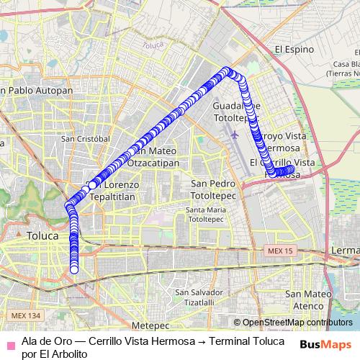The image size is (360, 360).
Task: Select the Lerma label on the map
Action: (347, 249)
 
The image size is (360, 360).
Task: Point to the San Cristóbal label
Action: (85, 138)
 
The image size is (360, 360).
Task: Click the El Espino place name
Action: (296, 50)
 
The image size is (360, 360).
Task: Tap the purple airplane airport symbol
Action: (235, 134)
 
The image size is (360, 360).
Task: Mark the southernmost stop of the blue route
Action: (73, 269)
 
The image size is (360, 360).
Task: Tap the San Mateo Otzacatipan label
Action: (158, 157)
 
